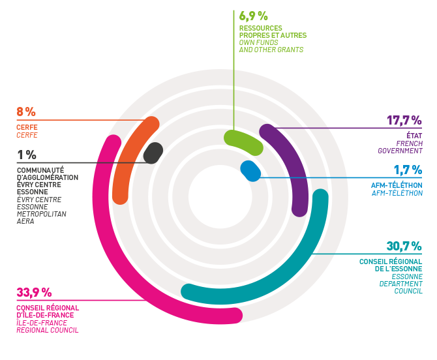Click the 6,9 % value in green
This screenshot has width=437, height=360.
(x=254, y=15)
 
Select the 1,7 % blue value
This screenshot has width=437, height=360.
(x=407, y=170)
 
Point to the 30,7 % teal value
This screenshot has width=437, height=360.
(x=404, y=247)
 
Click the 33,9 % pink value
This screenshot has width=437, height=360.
(x=33, y=292)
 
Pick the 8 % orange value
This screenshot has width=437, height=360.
(x=26, y=112)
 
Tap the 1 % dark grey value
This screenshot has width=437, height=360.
(x=25, y=155)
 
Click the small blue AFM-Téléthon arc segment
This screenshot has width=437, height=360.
(x=250, y=170)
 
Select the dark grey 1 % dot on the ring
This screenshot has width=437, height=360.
(x=153, y=153)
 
